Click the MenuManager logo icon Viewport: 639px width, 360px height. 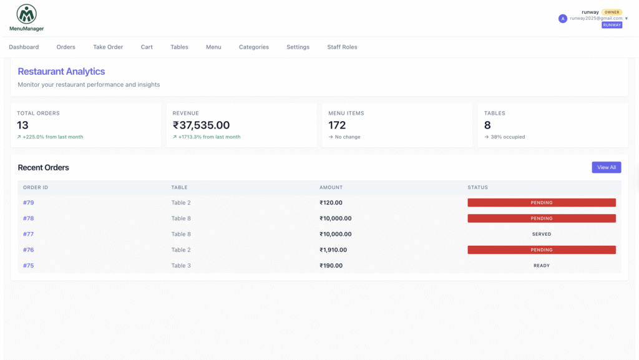click(26, 14)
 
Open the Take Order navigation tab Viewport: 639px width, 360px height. click(108, 47)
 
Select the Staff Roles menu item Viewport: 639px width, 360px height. click(342, 47)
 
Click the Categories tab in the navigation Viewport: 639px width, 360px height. click(254, 47)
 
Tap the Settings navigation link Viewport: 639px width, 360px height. click(298, 47)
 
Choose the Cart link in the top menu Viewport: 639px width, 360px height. click(147, 47)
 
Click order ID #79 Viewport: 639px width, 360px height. click(29, 202)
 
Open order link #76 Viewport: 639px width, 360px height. click(29, 250)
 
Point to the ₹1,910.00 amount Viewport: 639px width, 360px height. click(333, 250)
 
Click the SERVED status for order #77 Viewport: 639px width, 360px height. click(542, 234)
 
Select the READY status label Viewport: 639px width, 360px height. click(542, 266)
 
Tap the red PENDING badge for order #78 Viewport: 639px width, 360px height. click(542, 218)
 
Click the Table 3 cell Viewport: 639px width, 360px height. click(181, 266)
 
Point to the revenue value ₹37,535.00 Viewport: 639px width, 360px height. click(202, 125)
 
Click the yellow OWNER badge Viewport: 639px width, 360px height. click(612, 12)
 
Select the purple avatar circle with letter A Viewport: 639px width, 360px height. click(563, 18)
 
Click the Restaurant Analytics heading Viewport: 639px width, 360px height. click(61, 71)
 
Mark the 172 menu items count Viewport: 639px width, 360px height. click(337, 125)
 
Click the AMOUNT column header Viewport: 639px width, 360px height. click(331, 187)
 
